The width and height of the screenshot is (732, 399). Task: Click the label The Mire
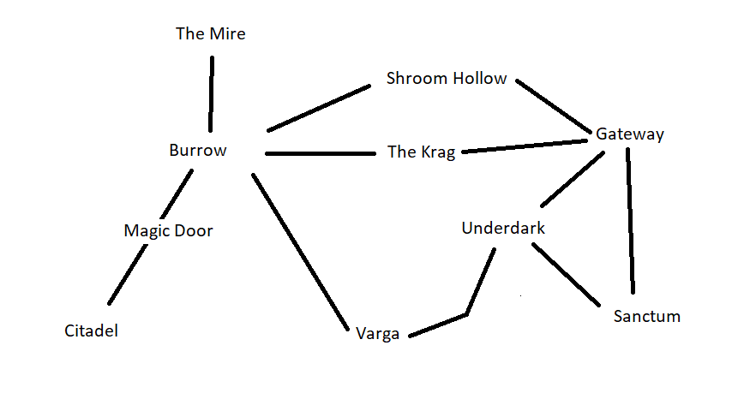click(210, 34)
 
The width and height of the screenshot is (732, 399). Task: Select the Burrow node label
click(198, 151)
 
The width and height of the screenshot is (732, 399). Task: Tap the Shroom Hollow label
click(447, 79)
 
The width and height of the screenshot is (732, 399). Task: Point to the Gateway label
click(630, 134)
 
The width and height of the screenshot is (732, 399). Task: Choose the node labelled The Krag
click(421, 152)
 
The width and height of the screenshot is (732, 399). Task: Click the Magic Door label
click(168, 230)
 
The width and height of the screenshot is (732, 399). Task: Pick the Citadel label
click(91, 331)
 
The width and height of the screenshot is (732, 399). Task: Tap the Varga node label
click(378, 335)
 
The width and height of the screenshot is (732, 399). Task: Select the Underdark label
click(503, 229)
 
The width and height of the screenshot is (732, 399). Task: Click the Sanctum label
click(647, 317)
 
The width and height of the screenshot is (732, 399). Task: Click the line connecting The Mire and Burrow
click(210, 94)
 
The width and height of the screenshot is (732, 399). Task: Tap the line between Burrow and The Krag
click(321, 154)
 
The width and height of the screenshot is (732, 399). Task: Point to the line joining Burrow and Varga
click(300, 251)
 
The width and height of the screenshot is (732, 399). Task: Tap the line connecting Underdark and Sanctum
click(566, 274)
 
